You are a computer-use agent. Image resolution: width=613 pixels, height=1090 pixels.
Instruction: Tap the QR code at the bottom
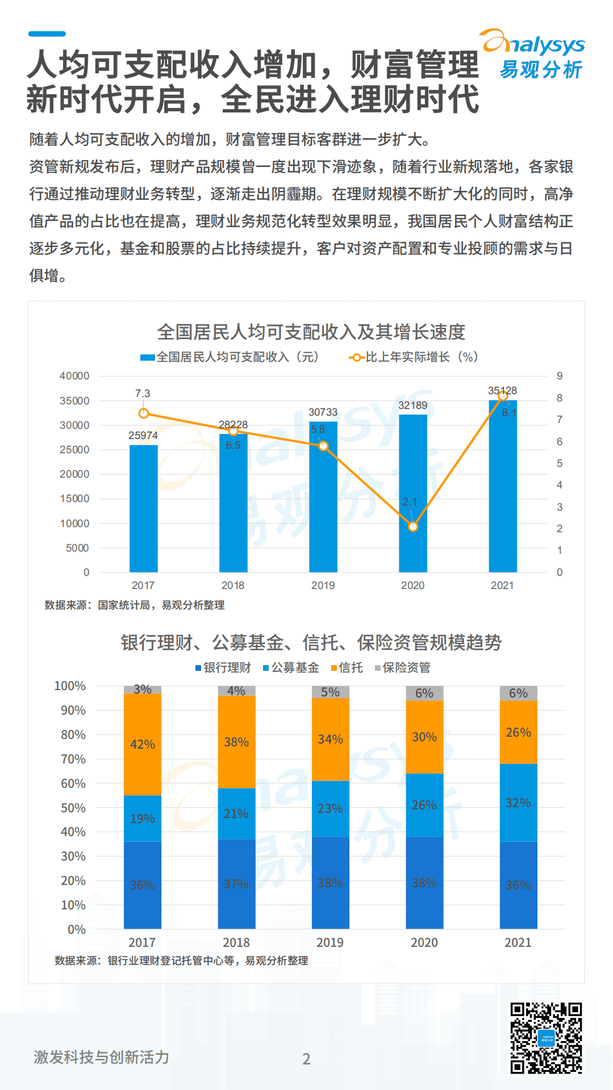tap(545, 1038)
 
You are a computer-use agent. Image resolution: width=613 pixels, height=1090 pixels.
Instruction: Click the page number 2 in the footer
tap(306, 1059)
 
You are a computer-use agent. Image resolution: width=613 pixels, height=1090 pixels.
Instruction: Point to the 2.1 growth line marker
tap(413, 527)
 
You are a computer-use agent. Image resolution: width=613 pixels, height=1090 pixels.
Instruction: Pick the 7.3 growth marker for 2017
tap(144, 414)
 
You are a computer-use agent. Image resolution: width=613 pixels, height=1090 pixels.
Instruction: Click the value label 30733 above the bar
tap(323, 412)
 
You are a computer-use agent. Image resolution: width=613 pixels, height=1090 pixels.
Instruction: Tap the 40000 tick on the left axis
tap(74, 376)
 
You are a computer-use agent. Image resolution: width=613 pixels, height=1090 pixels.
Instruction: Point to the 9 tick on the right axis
tap(560, 376)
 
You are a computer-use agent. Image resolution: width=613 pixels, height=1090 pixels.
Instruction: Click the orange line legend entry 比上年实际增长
tap(414, 357)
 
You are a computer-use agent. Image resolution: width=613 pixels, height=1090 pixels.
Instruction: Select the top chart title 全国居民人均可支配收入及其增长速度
tap(311, 332)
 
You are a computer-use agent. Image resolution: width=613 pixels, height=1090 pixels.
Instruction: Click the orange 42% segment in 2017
tap(143, 744)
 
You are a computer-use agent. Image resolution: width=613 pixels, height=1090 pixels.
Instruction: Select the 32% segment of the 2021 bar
tap(518, 803)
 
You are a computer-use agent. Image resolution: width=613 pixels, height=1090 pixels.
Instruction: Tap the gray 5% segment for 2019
tap(330, 692)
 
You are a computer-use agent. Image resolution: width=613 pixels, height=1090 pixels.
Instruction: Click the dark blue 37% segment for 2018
tap(236, 884)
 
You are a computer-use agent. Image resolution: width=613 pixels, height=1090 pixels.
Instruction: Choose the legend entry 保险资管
tap(403, 667)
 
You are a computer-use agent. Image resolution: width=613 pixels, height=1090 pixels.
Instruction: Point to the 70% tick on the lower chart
tap(73, 759)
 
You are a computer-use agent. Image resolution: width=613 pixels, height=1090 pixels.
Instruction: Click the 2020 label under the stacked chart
tap(424, 942)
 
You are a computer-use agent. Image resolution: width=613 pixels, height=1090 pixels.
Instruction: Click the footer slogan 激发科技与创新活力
tap(102, 1057)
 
